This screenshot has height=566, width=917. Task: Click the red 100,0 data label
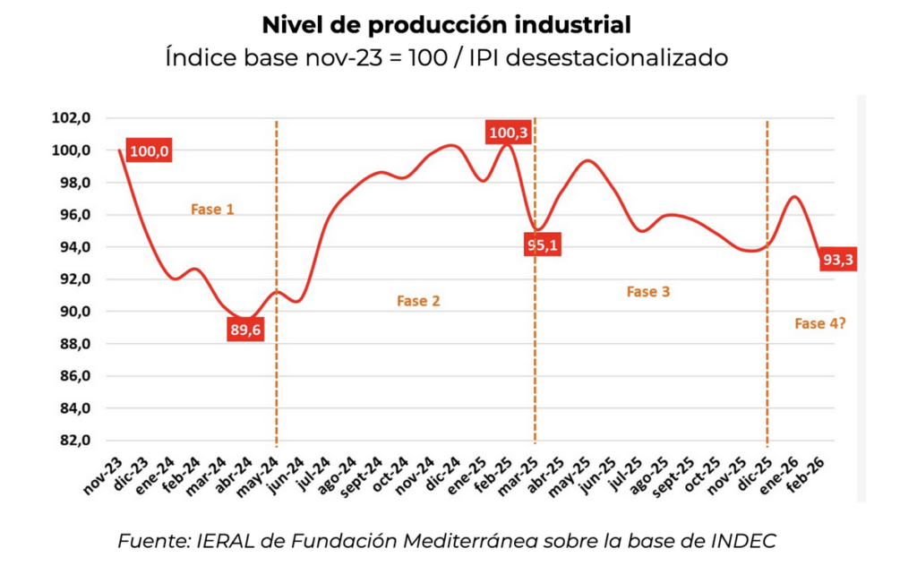coord(149,151)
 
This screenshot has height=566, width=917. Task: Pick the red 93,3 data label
coord(838,260)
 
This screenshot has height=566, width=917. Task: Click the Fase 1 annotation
coord(212,210)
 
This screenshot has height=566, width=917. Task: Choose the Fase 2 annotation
coord(418,301)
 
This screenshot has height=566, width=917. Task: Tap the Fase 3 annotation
coord(647,292)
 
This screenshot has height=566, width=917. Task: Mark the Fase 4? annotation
coord(820,323)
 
